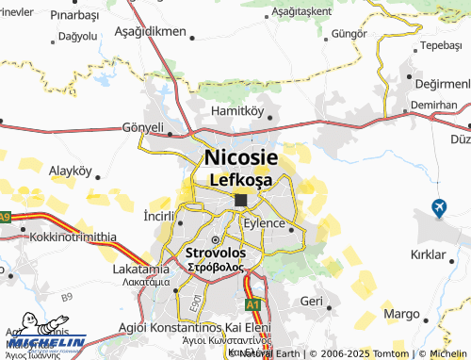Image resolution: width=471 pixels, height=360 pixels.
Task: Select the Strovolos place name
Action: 216,254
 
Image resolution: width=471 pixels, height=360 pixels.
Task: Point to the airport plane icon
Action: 439,207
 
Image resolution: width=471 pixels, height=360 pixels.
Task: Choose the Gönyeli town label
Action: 143,127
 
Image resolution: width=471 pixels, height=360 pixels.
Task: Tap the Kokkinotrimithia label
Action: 73,237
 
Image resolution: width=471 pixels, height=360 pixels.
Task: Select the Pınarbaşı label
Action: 48,16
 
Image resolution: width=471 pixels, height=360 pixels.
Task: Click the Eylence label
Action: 264,223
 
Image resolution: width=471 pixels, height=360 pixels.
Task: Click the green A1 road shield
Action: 252,305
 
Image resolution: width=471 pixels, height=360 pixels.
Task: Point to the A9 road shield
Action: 6,218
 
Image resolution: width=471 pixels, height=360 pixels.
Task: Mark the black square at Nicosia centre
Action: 241,199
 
